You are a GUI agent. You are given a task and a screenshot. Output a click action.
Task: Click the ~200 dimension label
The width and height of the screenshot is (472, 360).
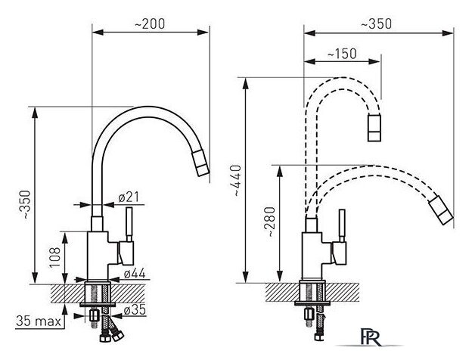150,24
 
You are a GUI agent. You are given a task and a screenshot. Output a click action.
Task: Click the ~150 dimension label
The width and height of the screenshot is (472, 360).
342,54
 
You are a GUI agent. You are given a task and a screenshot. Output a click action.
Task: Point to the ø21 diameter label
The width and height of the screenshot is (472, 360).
129,197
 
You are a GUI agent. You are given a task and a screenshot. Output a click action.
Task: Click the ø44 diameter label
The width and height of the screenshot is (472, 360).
134,273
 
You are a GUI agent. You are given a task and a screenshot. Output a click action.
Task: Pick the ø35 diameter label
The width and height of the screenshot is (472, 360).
135,309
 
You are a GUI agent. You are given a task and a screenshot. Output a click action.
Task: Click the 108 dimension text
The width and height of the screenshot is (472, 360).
55,258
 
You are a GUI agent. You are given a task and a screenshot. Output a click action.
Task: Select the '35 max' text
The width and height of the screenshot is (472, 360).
39,321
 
